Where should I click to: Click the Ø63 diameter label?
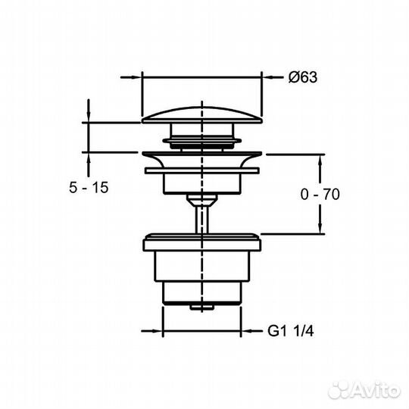301,76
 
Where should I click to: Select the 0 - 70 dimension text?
320,194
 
